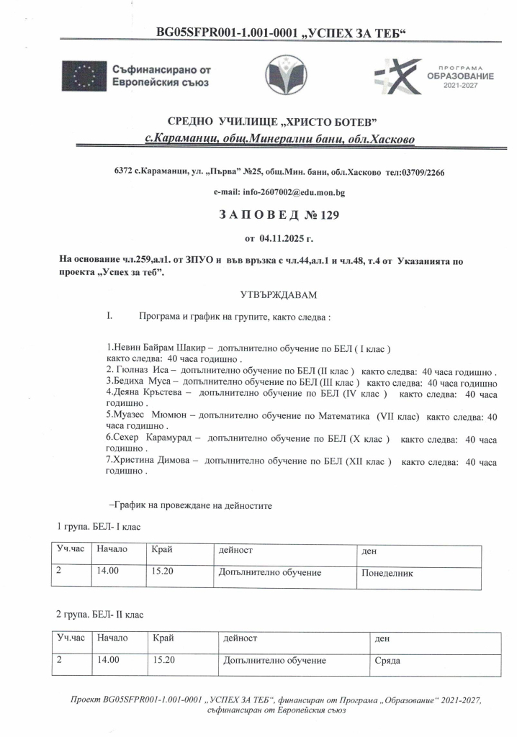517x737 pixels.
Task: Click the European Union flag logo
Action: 84,76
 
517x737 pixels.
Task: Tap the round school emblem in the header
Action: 287,74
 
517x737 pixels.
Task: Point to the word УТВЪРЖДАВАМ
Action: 277,295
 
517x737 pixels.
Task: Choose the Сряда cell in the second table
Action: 387,660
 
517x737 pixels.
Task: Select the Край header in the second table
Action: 163,637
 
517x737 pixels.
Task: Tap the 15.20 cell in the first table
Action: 165,573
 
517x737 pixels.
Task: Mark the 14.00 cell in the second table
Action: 108,660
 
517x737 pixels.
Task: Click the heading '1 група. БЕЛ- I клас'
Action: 99,528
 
